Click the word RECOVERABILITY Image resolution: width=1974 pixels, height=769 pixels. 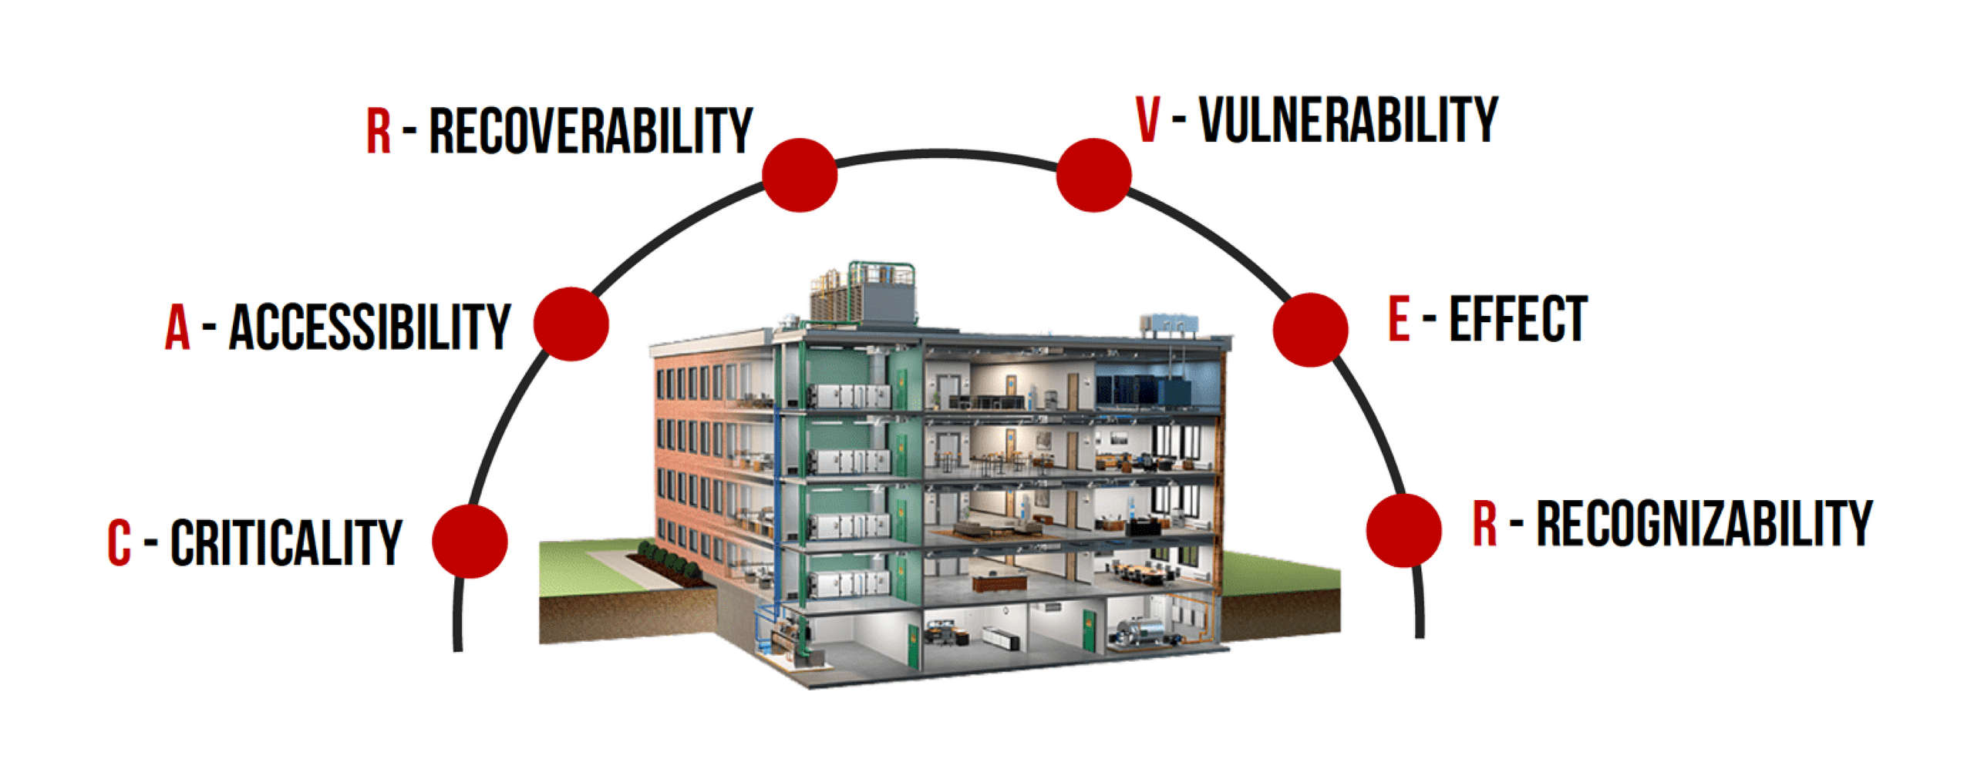pos(590,131)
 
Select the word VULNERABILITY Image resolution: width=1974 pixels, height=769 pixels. pos(1348,120)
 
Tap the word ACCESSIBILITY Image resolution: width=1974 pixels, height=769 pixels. pos(370,327)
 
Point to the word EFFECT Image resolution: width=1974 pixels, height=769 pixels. pos(1518,319)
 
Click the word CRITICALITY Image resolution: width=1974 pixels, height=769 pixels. pos(286,542)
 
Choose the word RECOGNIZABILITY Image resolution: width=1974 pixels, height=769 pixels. pos(1704,524)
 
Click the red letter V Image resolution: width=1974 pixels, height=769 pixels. pos(1147,120)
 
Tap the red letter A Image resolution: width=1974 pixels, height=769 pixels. pos(177,327)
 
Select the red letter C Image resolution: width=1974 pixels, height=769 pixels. pos(119,542)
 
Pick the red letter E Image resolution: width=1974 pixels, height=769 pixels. pos(1399,319)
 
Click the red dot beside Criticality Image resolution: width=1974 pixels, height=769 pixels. pos(470,541)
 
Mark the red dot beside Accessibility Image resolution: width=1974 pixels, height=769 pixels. pos(571,324)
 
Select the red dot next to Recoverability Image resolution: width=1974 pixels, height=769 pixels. pos(800,175)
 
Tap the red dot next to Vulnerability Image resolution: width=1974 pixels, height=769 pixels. pos(1093,175)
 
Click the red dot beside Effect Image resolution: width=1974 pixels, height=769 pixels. pos(1310,329)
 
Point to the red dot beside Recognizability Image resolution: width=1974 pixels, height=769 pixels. pos(1403,530)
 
